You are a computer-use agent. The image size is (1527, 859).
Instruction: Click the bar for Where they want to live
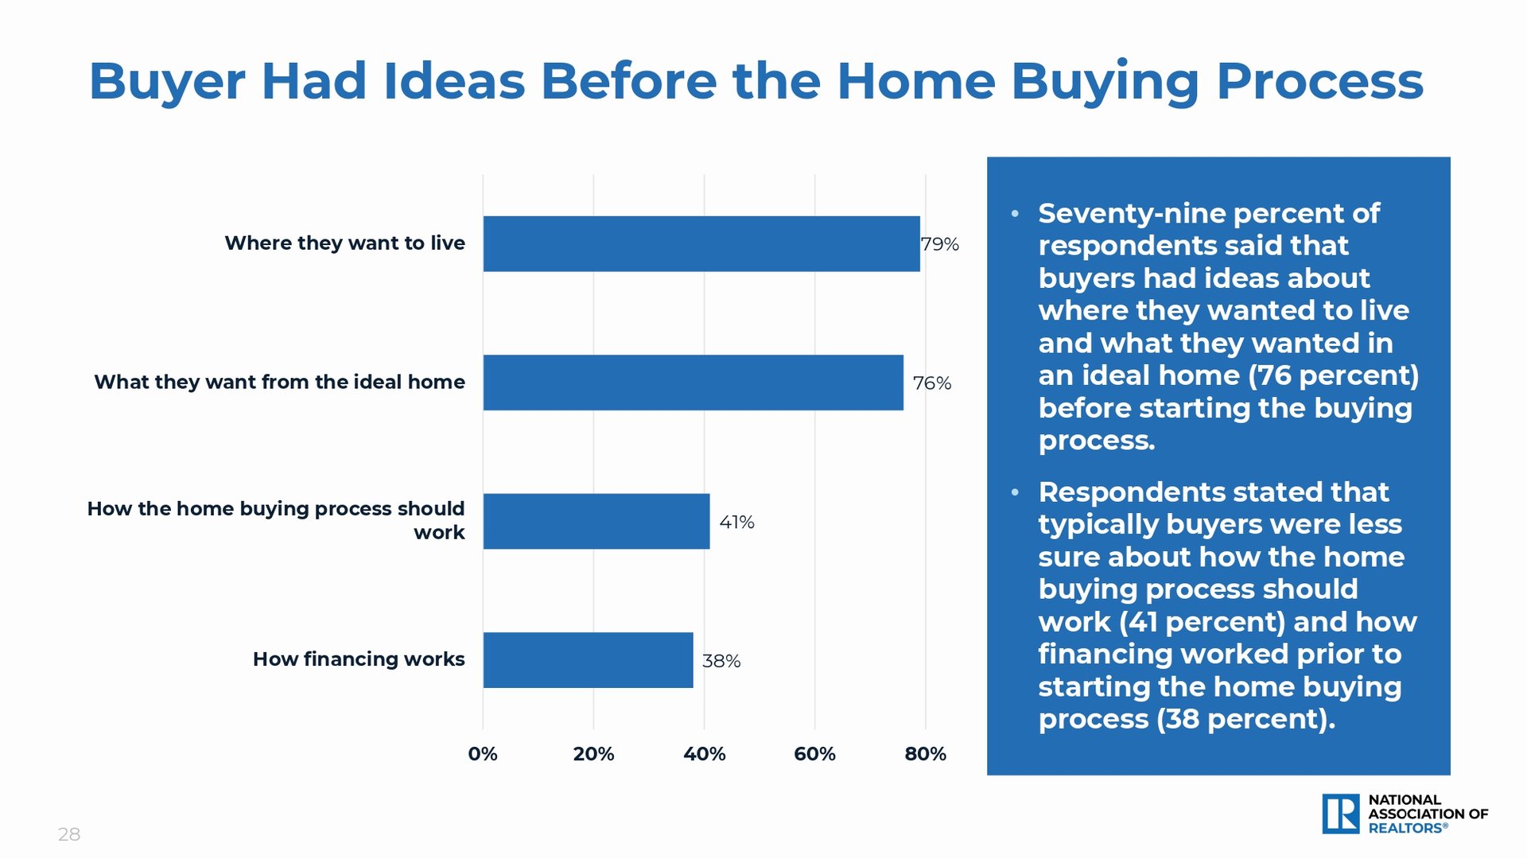[x=701, y=243]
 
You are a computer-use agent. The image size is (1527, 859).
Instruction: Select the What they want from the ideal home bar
[x=694, y=383]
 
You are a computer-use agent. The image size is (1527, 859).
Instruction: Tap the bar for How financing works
[x=589, y=660]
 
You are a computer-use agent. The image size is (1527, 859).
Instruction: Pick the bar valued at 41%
[x=596, y=521]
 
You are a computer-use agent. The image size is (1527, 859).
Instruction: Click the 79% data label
[x=940, y=244]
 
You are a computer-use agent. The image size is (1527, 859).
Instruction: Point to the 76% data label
[x=932, y=383]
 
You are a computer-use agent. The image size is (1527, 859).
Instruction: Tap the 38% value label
[x=721, y=661]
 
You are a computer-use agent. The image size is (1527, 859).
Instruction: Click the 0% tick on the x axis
[x=483, y=754]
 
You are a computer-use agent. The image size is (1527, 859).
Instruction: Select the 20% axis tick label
[x=593, y=754]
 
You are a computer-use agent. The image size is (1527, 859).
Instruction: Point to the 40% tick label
[x=705, y=754]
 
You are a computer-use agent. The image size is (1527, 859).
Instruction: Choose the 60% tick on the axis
[x=815, y=754]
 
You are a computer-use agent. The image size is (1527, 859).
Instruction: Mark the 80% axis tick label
[x=926, y=754]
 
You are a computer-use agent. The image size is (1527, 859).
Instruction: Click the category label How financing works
[x=359, y=659]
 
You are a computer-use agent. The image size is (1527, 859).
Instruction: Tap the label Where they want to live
[x=344, y=243]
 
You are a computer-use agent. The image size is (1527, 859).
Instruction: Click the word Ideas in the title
[x=454, y=81]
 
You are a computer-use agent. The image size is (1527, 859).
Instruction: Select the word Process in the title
[x=1320, y=81]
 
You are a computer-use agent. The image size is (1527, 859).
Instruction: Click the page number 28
[x=69, y=834]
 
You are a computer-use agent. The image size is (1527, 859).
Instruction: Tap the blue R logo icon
[x=1341, y=814]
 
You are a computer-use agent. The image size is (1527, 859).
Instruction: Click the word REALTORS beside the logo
[x=1405, y=828]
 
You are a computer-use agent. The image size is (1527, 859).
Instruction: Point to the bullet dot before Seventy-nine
[x=1015, y=214]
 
